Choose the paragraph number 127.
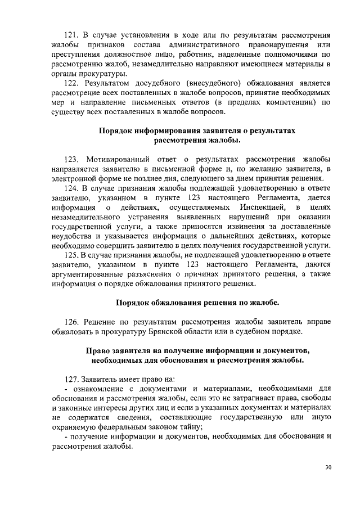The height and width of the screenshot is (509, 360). (74, 378)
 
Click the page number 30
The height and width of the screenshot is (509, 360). (328, 467)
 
